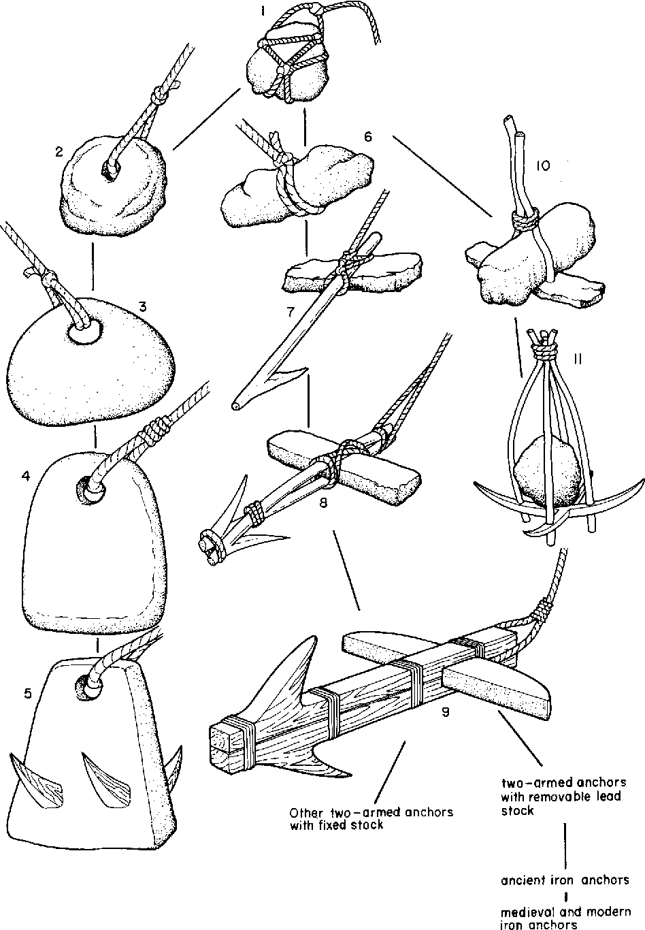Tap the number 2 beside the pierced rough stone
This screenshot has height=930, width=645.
click(x=60, y=153)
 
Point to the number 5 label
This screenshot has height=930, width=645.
click(x=27, y=694)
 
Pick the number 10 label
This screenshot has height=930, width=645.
click(x=542, y=166)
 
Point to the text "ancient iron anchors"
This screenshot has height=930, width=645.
click(x=565, y=880)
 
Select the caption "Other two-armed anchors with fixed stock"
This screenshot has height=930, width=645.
click(x=371, y=819)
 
